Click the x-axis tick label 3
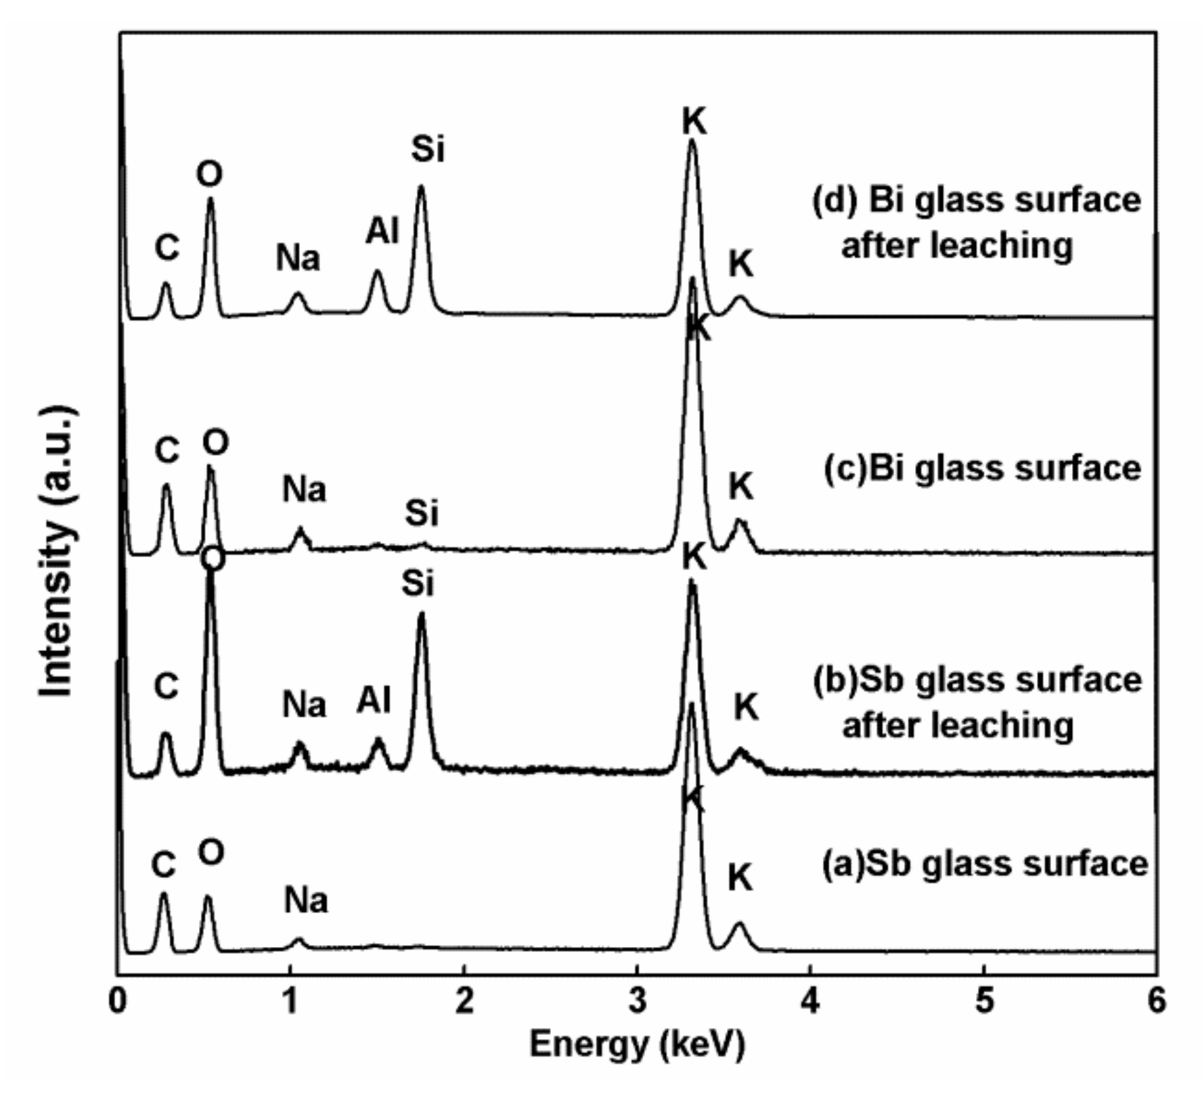point(637,1001)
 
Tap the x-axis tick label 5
point(984,1001)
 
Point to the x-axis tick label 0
point(118,1001)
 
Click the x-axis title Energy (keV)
point(637,1043)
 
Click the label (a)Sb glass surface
point(985,863)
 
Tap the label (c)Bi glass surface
point(982,468)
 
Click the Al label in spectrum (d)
point(382,231)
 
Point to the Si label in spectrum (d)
point(428,149)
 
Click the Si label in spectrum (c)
point(422,513)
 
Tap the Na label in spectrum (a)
point(306,900)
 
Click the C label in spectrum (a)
point(164,864)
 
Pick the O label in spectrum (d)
point(210,174)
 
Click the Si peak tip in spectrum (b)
point(422,613)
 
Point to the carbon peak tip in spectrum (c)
point(166,485)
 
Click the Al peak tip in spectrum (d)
point(378,271)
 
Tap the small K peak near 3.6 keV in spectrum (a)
point(739,923)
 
